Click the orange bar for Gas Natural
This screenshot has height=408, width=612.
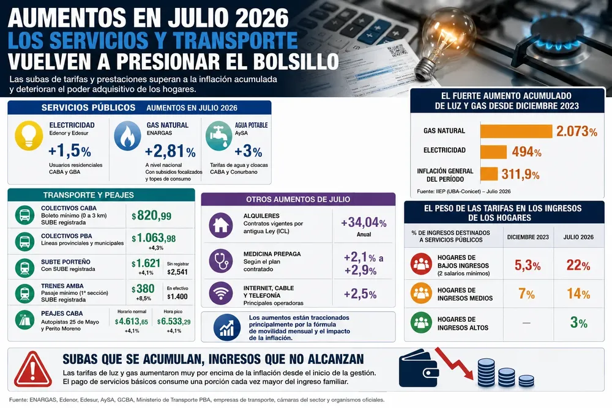[516, 131]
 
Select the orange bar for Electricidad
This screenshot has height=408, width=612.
[493, 152]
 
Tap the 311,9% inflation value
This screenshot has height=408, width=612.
[520, 174]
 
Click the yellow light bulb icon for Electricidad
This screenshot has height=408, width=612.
[29, 135]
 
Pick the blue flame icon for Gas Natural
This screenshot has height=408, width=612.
[127, 135]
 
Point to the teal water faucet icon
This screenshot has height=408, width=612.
[218, 135]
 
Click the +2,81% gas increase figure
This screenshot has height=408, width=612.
[170, 151]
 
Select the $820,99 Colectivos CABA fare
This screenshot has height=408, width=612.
[151, 215]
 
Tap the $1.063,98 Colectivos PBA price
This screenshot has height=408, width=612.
[154, 238]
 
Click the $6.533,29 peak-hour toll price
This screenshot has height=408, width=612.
[174, 321]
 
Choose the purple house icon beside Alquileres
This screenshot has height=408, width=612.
[220, 225]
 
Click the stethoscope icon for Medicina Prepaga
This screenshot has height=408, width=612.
[220, 261]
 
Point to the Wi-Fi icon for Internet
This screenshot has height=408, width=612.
[220, 294]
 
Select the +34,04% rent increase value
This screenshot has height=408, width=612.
[364, 222]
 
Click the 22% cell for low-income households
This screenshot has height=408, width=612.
[578, 265]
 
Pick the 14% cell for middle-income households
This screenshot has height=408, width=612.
[578, 294]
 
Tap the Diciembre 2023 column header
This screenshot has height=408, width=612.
[528, 237]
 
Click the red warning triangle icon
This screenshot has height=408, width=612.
[33, 369]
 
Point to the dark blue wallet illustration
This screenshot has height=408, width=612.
[419, 368]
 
